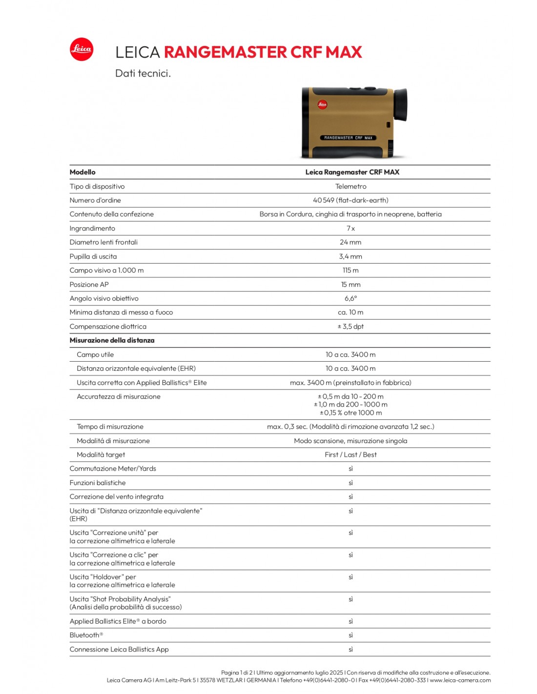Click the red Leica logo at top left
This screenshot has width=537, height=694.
click(81, 49)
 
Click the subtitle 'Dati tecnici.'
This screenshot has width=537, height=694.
click(143, 74)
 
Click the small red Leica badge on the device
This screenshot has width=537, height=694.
click(322, 104)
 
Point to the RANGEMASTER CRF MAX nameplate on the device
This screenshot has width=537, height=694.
click(348, 138)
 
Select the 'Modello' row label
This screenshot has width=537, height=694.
click(83, 172)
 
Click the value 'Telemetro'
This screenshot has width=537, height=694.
click(351, 186)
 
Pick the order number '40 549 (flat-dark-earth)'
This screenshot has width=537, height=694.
click(351, 200)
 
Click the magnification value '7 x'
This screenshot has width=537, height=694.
click(351, 228)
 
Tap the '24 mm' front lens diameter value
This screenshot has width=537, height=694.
click(351, 242)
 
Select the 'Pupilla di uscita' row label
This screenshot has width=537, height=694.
click(93, 256)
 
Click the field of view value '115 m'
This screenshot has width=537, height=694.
click(351, 270)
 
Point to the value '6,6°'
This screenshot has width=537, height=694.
click(351, 298)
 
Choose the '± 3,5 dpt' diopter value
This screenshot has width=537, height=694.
click(351, 327)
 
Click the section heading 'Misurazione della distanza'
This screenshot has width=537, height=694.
click(112, 340)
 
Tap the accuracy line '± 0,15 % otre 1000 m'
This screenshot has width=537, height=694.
click(351, 413)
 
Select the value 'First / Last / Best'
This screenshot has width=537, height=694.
click(351, 454)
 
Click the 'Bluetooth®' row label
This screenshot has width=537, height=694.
click(86, 635)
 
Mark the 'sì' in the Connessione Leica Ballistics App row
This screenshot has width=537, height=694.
click(351, 649)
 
